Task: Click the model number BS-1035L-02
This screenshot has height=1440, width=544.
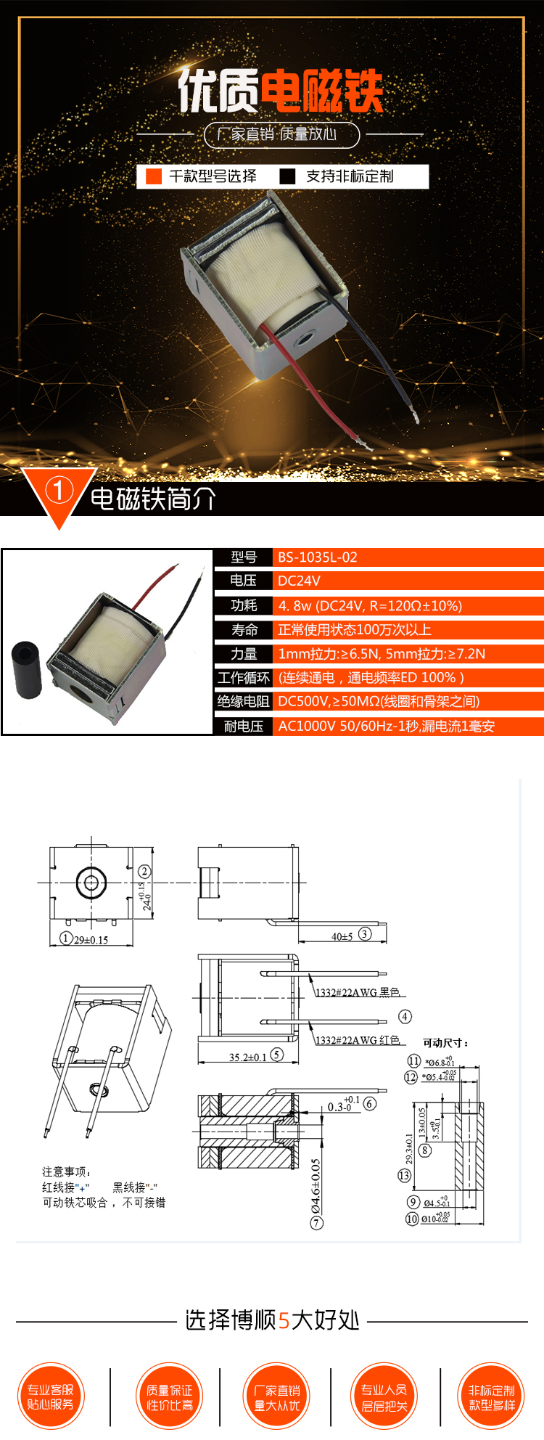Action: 318,557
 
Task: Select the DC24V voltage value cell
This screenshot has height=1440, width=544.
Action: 299,581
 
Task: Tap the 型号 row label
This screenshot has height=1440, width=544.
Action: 244,557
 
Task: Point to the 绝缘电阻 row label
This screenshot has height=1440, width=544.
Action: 244,701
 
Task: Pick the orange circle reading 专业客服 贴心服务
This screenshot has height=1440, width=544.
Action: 51,1397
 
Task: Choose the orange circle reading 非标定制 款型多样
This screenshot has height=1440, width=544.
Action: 492,1397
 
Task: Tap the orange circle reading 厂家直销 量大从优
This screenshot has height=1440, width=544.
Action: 277,1397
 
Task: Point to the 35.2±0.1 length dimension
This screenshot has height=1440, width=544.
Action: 248,1057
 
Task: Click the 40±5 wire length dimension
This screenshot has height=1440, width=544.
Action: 342,936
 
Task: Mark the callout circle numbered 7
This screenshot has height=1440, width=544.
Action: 316,1223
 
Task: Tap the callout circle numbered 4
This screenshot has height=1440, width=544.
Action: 405,1016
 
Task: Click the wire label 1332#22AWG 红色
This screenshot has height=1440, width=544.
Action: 358,1040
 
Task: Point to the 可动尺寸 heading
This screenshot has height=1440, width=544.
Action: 445,1043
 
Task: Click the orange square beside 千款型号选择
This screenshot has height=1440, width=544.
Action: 154,176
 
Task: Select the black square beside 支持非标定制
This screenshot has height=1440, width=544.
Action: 288,176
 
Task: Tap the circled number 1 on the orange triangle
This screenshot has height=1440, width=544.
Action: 59,491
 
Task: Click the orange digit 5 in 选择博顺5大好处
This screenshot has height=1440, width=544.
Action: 284,1320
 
